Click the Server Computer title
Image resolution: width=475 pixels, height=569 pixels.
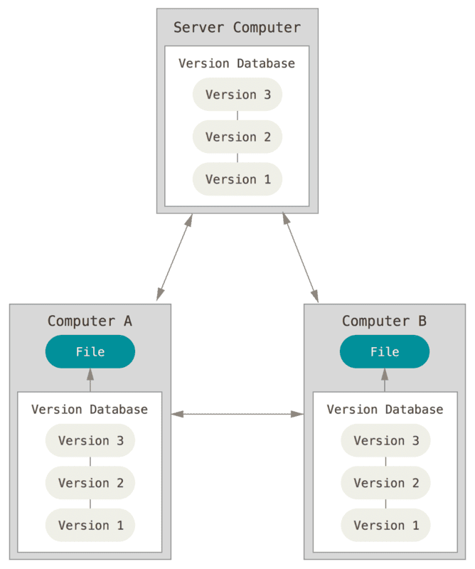tap(237, 28)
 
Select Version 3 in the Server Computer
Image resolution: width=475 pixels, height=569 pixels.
tap(237, 95)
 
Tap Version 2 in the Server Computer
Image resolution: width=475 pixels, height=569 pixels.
tap(237, 137)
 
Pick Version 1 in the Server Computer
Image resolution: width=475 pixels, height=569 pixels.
tap(237, 179)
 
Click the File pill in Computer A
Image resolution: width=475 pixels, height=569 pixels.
tap(90, 351)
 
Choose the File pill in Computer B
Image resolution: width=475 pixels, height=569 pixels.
tap(385, 351)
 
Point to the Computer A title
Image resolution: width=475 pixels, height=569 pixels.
tap(90, 321)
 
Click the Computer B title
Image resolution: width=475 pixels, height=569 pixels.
tap(384, 321)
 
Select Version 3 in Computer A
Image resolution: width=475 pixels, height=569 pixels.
tap(90, 441)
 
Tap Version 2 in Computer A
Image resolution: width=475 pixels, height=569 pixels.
tap(90, 483)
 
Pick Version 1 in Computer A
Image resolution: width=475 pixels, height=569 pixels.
tap(90, 525)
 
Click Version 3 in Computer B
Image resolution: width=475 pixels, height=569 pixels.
tap(385, 441)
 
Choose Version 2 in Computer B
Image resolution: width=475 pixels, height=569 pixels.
tap(385, 483)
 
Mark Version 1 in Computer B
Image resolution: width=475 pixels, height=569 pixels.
tap(385, 525)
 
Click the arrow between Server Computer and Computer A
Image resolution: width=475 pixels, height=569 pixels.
tap(175, 257)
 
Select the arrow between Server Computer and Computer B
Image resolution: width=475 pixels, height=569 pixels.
tap(300, 257)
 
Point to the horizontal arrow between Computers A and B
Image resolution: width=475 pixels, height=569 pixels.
tap(237, 413)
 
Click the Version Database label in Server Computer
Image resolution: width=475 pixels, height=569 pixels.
tap(237, 63)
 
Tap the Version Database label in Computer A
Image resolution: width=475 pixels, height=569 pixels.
tap(90, 410)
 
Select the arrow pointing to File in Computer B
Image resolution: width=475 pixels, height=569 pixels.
tap(385, 380)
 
